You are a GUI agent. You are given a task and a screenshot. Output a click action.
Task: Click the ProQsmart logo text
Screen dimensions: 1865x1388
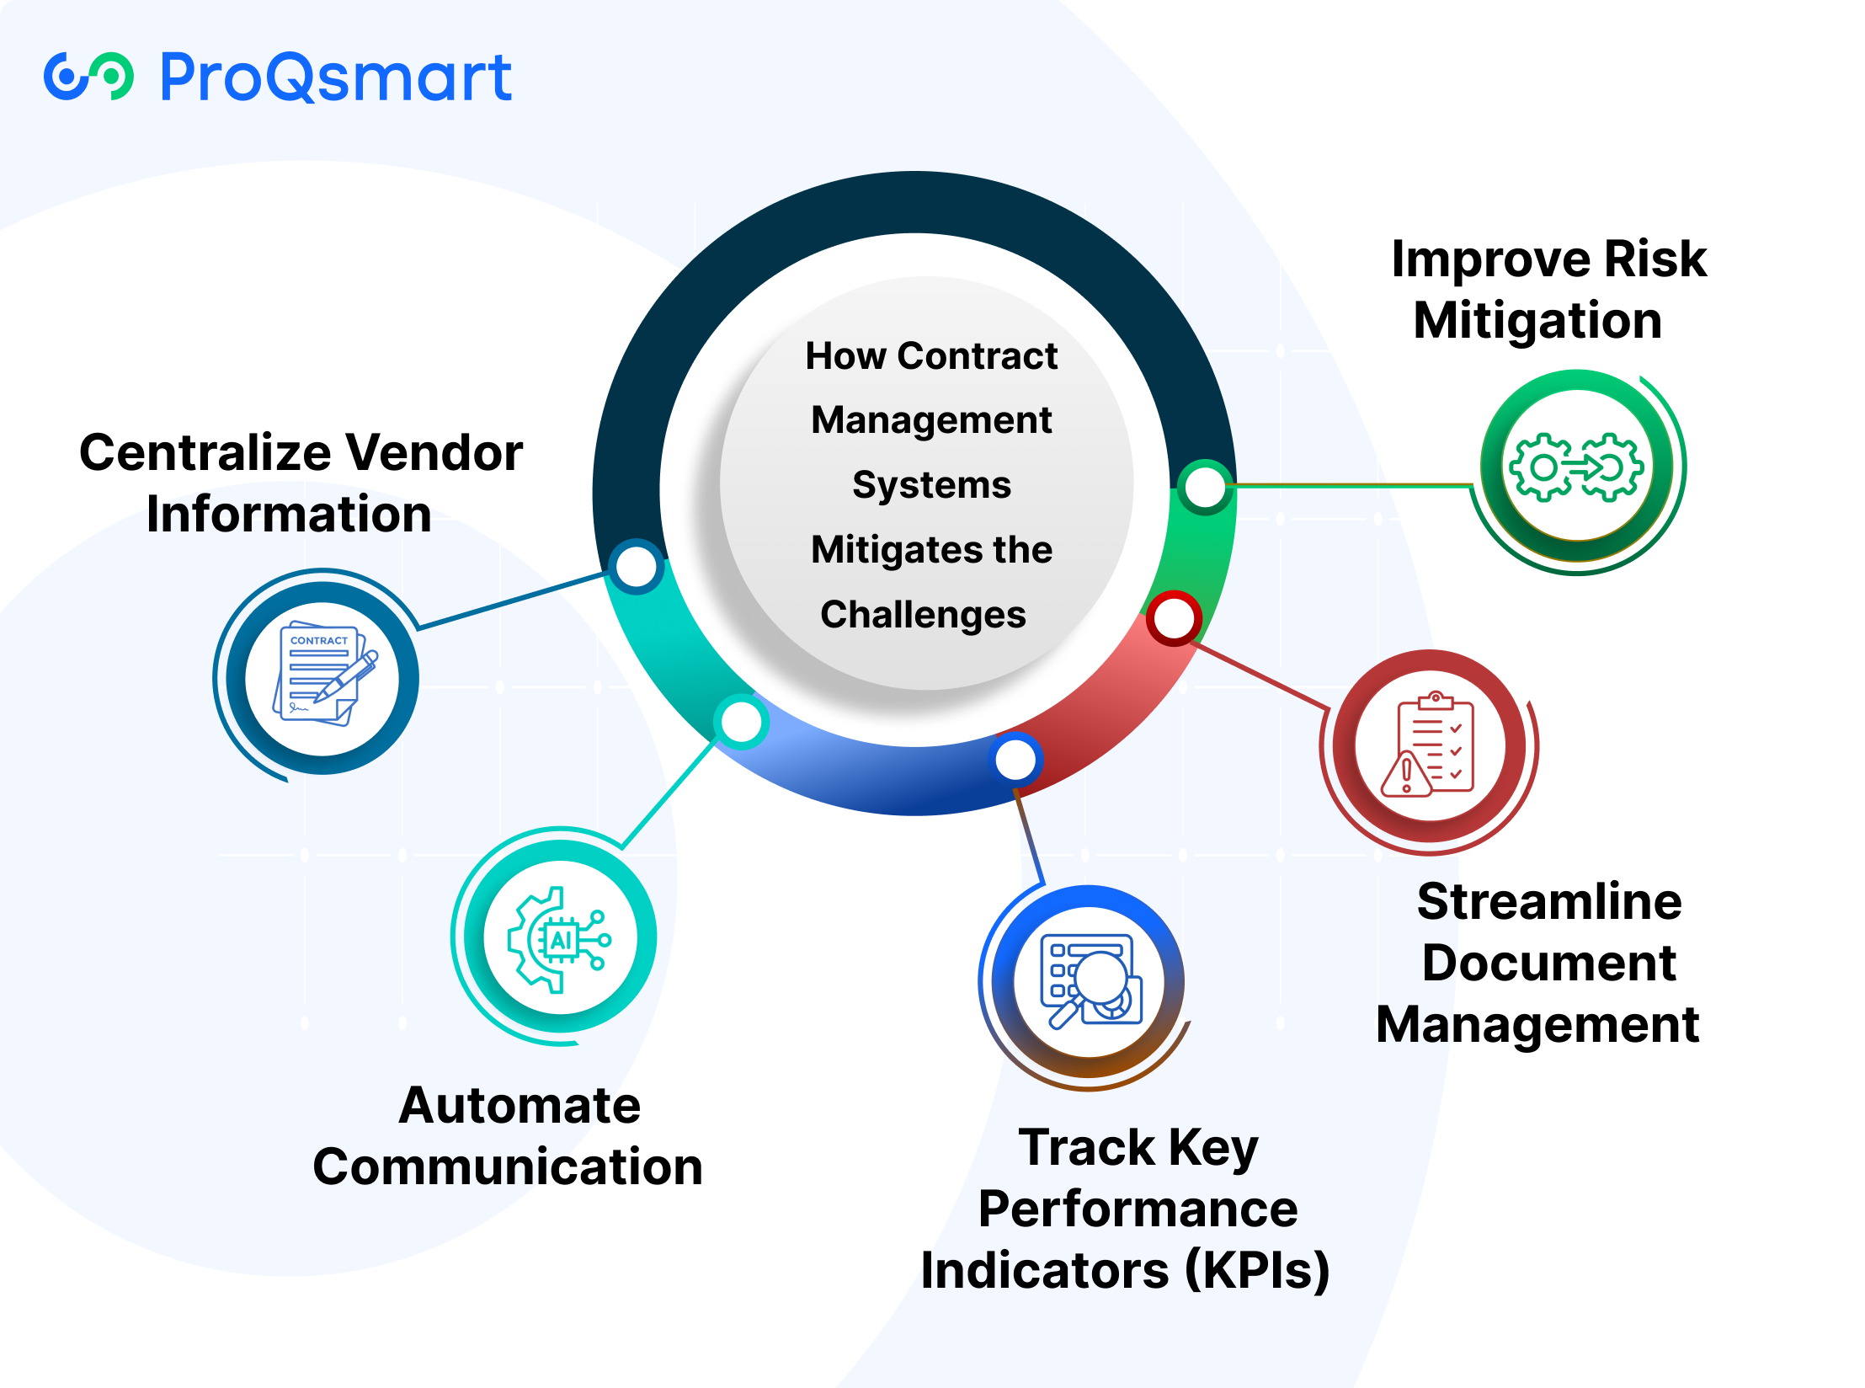click(x=335, y=77)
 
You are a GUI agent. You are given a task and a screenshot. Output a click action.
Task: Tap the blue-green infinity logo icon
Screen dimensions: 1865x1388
click(x=88, y=77)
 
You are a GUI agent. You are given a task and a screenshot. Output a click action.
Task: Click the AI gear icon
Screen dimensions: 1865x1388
click(x=559, y=939)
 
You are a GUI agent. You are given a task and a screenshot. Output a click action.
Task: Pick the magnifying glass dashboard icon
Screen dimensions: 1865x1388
click(x=1090, y=981)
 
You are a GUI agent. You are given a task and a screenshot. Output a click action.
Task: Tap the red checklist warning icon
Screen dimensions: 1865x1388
click(x=1428, y=745)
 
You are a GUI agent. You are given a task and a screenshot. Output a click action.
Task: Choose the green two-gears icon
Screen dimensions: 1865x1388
click(x=1575, y=467)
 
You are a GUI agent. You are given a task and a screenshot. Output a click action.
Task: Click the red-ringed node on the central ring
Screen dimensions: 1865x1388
click(x=1174, y=619)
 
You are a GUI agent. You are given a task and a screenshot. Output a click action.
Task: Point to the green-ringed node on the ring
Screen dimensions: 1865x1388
click(x=1205, y=486)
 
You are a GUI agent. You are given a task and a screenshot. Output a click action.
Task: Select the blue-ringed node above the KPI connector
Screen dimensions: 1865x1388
click(x=1015, y=761)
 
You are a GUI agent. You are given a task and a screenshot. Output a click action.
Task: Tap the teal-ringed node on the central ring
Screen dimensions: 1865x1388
click(x=741, y=722)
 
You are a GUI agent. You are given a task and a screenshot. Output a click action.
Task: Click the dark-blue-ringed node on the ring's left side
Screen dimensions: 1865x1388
click(x=637, y=566)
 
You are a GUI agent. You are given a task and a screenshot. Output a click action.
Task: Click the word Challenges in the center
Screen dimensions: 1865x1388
click(x=924, y=615)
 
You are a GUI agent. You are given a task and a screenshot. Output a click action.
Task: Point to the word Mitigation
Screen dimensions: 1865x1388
click(x=1537, y=321)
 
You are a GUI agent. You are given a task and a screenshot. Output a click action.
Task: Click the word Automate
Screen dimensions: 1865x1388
click(x=520, y=1105)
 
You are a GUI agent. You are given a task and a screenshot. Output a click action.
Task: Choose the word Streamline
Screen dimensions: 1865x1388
click(x=1549, y=901)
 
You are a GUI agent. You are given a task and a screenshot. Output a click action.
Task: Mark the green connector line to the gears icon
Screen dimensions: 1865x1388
click(x=1352, y=485)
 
